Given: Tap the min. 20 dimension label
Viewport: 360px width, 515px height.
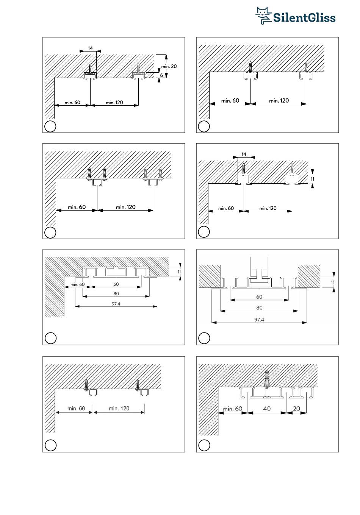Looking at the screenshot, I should [x=169, y=66].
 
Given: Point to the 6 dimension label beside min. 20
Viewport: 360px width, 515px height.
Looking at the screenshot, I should [x=162, y=75].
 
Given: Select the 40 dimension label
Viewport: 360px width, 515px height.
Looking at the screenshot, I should [x=267, y=409].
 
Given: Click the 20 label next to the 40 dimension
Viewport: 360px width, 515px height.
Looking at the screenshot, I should [x=297, y=409].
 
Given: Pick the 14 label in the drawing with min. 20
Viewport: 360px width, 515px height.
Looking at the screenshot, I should [x=90, y=48].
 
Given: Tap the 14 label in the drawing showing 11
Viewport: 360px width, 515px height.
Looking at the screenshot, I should [x=244, y=154].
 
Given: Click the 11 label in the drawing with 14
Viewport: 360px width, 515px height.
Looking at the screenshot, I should [x=313, y=178].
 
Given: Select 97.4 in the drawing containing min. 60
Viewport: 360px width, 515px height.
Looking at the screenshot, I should [x=116, y=303].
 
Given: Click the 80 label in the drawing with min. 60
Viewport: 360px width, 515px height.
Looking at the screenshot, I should [x=116, y=293].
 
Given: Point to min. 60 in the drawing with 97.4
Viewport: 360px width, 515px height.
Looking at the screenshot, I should [x=77, y=284].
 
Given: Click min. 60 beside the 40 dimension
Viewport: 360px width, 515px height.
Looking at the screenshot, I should [x=232, y=409].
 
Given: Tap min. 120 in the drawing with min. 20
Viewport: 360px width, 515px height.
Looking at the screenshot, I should [x=114, y=102].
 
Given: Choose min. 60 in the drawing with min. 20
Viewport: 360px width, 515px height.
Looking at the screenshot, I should [x=72, y=102].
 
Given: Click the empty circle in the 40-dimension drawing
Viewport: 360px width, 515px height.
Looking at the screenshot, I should [x=204, y=445].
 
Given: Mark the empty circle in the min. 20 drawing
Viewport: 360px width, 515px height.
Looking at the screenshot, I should [x=50, y=126].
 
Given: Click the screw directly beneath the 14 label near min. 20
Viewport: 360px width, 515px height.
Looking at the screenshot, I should [x=90, y=69].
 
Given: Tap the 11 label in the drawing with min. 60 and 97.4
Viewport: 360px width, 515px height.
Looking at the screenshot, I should [x=179, y=272].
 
